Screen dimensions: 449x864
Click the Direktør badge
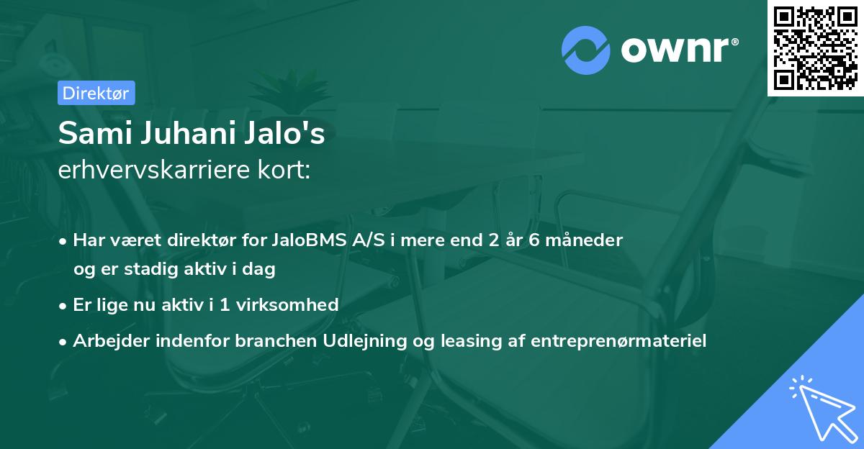tap(95, 93)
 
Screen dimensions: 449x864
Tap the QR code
tap(815, 47)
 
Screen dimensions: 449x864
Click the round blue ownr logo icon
tap(586, 50)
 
